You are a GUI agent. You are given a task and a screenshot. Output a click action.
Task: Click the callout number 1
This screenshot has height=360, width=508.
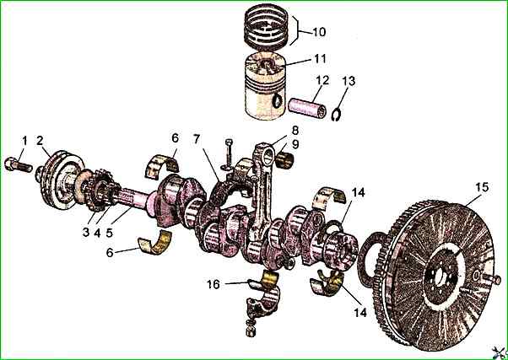(x=25, y=139)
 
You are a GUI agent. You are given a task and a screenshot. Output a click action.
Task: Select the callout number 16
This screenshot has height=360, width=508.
(x=215, y=284)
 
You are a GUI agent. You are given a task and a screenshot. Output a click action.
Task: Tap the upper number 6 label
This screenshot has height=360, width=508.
(x=175, y=137)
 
